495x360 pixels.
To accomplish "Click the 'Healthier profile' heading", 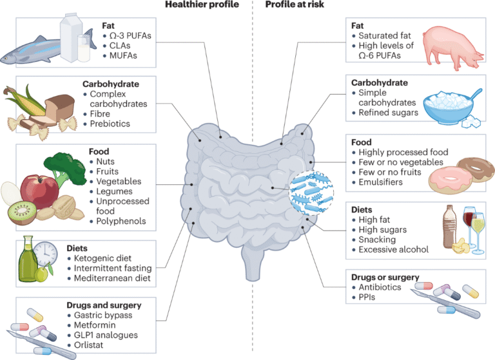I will pyautogui.click(x=202, y=5).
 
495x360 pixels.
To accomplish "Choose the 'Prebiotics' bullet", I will pyautogui.click(x=110, y=124).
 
